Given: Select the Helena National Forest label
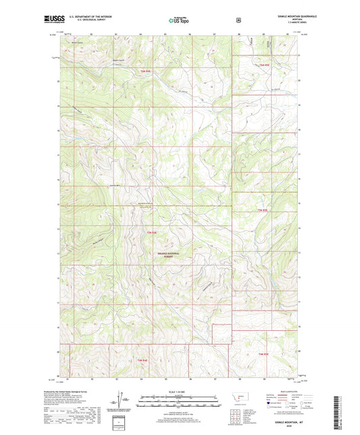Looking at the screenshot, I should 166,255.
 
